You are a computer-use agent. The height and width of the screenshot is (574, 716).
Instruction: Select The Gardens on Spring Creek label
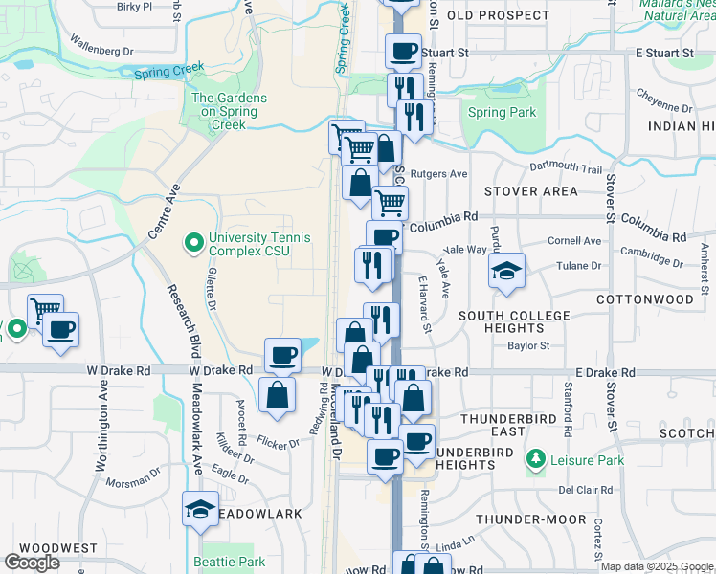point(224,111)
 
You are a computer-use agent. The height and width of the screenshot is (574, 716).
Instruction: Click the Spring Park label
point(503,113)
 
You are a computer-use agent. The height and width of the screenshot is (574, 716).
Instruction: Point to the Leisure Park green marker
point(535,460)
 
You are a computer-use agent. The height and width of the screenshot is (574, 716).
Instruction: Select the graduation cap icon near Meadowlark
point(200,510)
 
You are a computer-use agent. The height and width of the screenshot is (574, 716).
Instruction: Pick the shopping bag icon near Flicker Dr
point(278,394)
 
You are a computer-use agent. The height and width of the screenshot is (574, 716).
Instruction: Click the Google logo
point(34,562)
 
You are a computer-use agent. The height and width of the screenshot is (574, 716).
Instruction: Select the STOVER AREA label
point(530,191)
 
